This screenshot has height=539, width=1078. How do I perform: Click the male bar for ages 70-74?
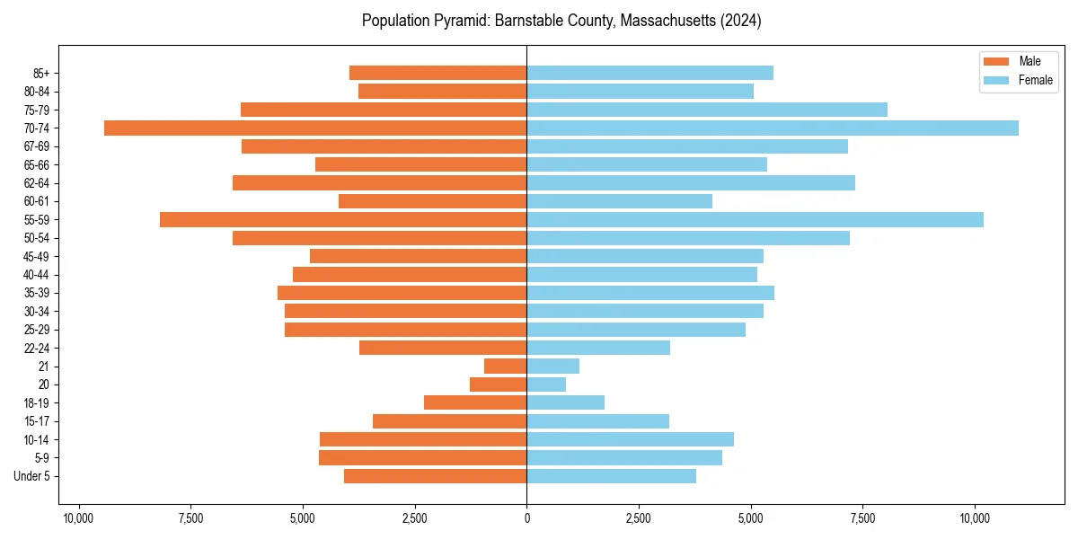pyautogui.click(x=315, y=128)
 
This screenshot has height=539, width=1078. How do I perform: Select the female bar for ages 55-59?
pyautogui.click(x=755, y=220)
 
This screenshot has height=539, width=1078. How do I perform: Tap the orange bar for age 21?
pyautogui.click(x=505, y=367)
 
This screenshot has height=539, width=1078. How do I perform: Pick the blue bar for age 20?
pyautogui.click(x=546, y=384)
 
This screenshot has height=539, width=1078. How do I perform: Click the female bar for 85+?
pyautogui.click(x=649, y=73)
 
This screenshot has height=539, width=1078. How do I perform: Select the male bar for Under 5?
pyautogui.click(x=435, y=476)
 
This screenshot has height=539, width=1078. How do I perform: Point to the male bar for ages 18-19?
pyautogui.click(x=475, y=402)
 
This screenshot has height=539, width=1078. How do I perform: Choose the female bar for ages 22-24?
pyautogui.click(x=598, y=348)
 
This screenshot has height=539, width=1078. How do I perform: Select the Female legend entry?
pyautogui.click(x=1022, y=80)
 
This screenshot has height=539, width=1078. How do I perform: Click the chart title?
pyautogui.click(x=561, y=21)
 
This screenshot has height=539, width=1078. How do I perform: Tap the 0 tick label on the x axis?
pyautogui.click(x=527, y=518)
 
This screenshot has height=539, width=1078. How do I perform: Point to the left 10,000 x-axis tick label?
pyautogui.click(x=79, y=518)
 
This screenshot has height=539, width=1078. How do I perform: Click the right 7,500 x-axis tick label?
pyautogui.click(x=862, y=518)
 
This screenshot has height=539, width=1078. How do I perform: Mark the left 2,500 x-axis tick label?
pyautogui.click(x=415, y=518)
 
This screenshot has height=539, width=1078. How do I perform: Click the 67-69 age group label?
pyautogui.click(x=36, y=146)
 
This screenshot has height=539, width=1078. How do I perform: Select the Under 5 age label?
pyautogui.click(x=32, y=476)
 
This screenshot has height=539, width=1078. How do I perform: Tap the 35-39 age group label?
pyautogui.click(x=36, y=293)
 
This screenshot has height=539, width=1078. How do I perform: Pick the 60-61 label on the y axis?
pyautogui.click(x=36, y=201)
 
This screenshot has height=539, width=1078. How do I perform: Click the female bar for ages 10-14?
pyautogui.click(x=630, y=439)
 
